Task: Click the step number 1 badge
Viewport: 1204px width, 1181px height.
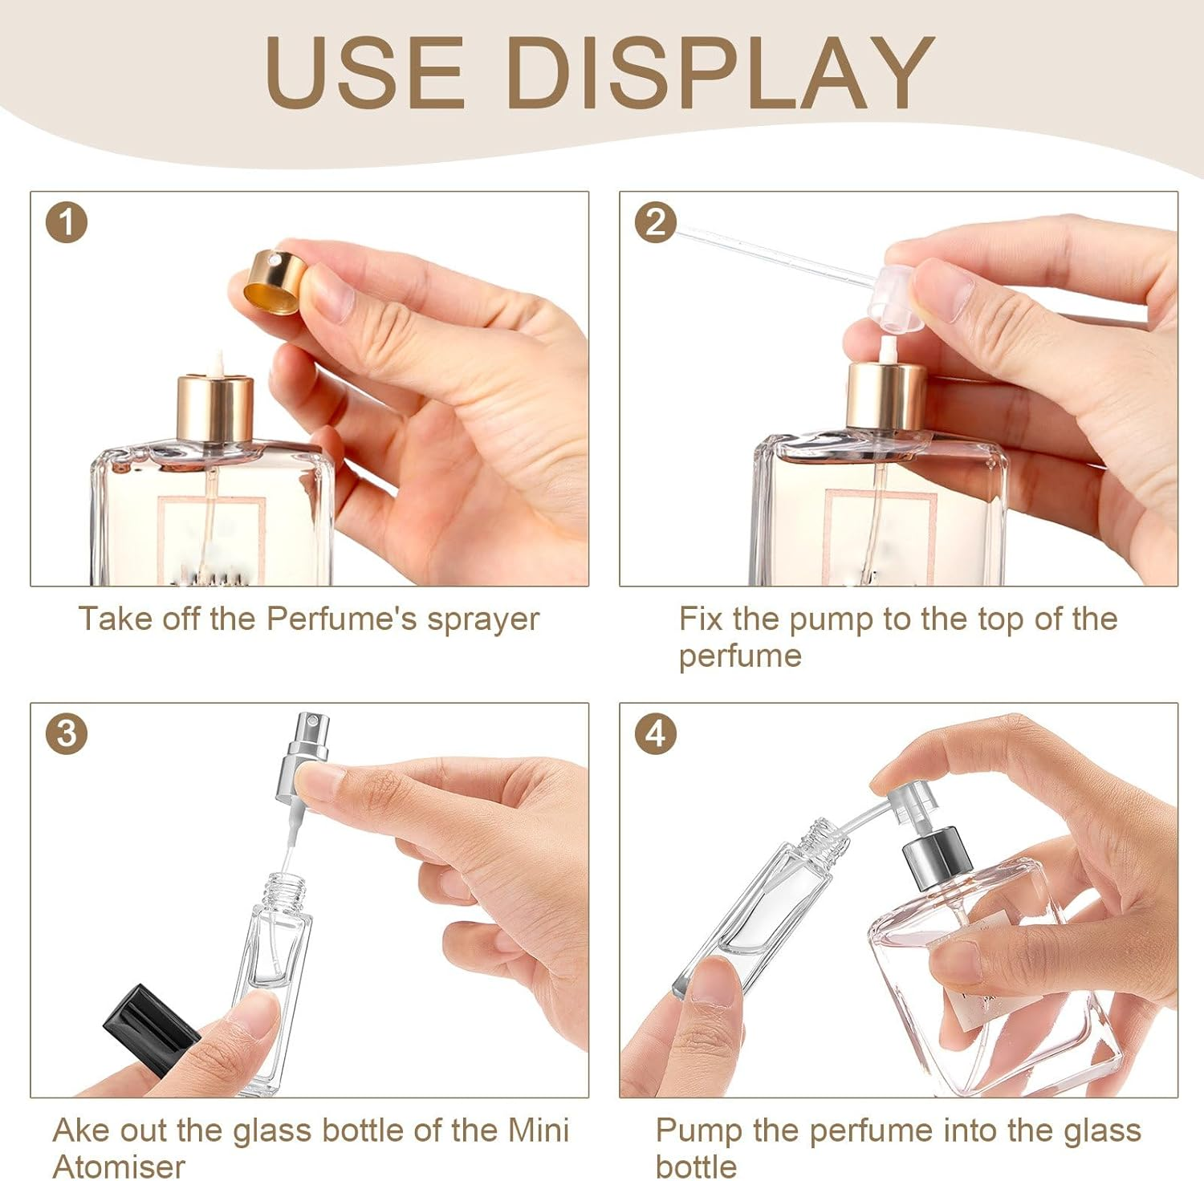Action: click(66, 223)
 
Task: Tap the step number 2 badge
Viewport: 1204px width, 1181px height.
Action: click(655, 223)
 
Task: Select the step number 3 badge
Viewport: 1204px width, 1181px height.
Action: click(66, 734)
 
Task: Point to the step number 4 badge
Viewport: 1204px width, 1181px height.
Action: click(655, 734)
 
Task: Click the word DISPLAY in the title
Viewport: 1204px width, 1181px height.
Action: click(719, 71)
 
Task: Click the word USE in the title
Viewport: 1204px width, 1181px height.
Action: click(364, 71)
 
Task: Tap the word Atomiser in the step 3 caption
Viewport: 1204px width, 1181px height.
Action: click(119, 1167)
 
